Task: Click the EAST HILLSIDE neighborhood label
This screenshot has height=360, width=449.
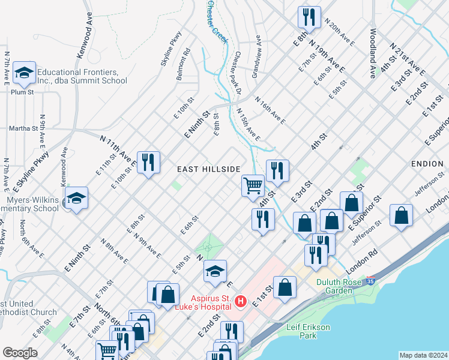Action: pos(209,170)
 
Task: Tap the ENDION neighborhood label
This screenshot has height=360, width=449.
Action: pos(427,163)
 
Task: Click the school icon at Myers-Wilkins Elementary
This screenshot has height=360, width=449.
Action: pos(77,197)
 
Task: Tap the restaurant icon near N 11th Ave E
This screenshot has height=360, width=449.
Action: pos(148,161)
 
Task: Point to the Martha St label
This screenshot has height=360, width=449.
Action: pos(23,128)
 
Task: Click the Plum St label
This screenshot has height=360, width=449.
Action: pos(22,92)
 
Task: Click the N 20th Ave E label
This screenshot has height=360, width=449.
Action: pos(339,31)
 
